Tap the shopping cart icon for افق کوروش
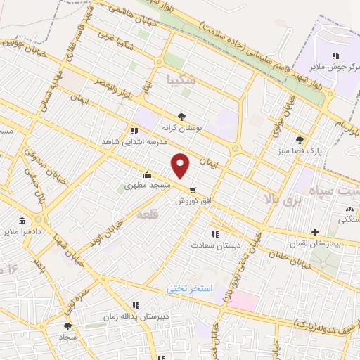coord(193,188)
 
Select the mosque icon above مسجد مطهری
coord(146,175)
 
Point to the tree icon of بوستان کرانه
coord(182,117)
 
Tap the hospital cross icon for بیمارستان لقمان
coord(315,232)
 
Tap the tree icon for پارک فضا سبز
coord(301,139)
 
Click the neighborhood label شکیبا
coord(184,81)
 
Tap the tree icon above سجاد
coord(67,326)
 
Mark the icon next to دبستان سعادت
coord(214,234)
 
